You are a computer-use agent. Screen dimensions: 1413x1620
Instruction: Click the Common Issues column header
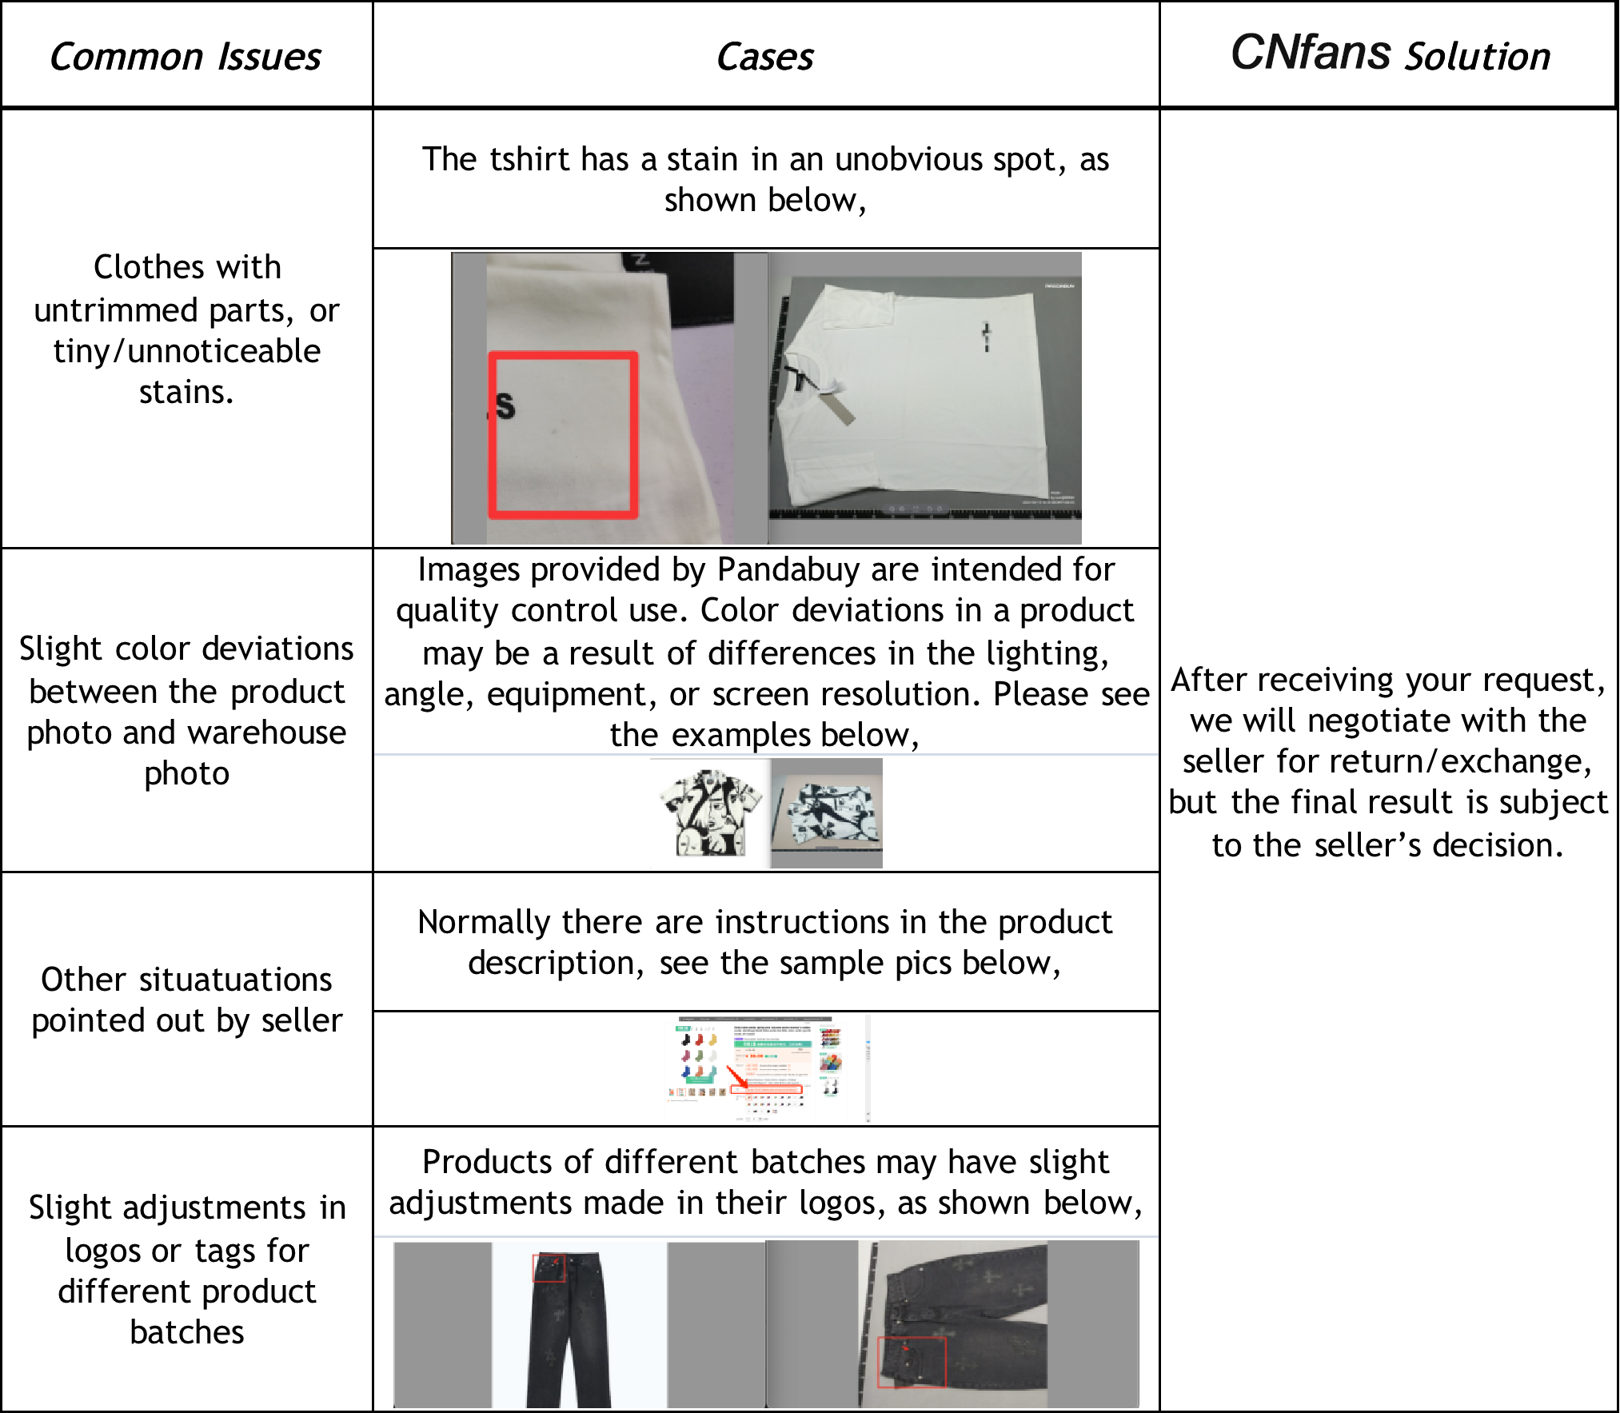pos(186,57)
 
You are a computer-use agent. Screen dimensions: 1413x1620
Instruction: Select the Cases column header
pos(765,57)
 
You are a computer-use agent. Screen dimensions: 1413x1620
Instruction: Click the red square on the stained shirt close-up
pos(563,435)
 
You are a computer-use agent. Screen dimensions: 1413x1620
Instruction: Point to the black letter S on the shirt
pos(505,405)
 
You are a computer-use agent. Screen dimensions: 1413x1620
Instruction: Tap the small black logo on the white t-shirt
pos(987,336)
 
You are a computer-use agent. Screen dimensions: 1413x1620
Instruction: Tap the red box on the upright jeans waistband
pos(549,1267)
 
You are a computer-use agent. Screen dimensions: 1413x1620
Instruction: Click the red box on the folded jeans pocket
pos(912,1362)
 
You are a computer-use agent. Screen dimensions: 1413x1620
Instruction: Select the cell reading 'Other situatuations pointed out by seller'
pos(186,1000)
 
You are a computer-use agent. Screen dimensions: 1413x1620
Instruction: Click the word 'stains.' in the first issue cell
pos(186,392)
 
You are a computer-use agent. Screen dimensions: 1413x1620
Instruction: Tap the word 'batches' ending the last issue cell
pos(186,1332)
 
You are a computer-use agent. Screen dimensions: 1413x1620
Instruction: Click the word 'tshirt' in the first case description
pos(529,159)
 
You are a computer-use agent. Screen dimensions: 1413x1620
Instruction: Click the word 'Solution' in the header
pos(1478,56)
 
